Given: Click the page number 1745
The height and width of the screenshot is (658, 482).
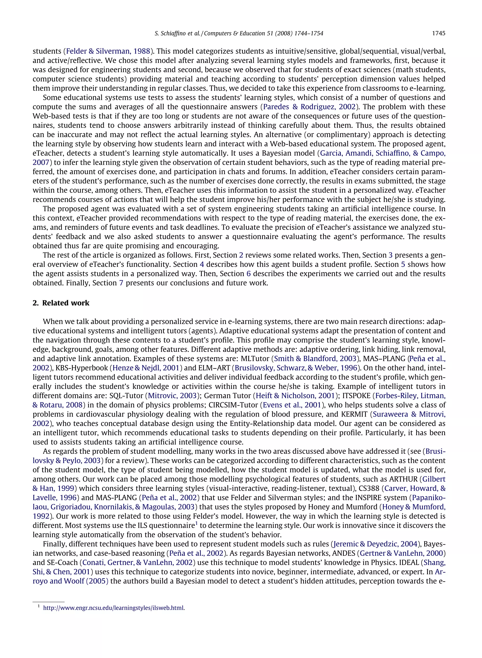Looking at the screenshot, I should tap(438, 33).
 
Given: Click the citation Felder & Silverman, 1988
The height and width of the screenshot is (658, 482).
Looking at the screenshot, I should tap(108, 51).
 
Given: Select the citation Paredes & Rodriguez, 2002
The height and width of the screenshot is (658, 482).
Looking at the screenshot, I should tap(309, 107).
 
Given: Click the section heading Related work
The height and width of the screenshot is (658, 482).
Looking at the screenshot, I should tap(66, 303).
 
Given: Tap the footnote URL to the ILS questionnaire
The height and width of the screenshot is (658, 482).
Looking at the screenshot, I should tap(114, 608).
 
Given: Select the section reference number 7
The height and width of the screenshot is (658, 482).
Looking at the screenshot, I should tap(121, 283).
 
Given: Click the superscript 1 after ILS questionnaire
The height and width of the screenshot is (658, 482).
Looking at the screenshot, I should tap(196, 524).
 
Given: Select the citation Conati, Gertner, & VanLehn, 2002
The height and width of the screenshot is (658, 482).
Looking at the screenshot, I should tap(138, 563).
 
